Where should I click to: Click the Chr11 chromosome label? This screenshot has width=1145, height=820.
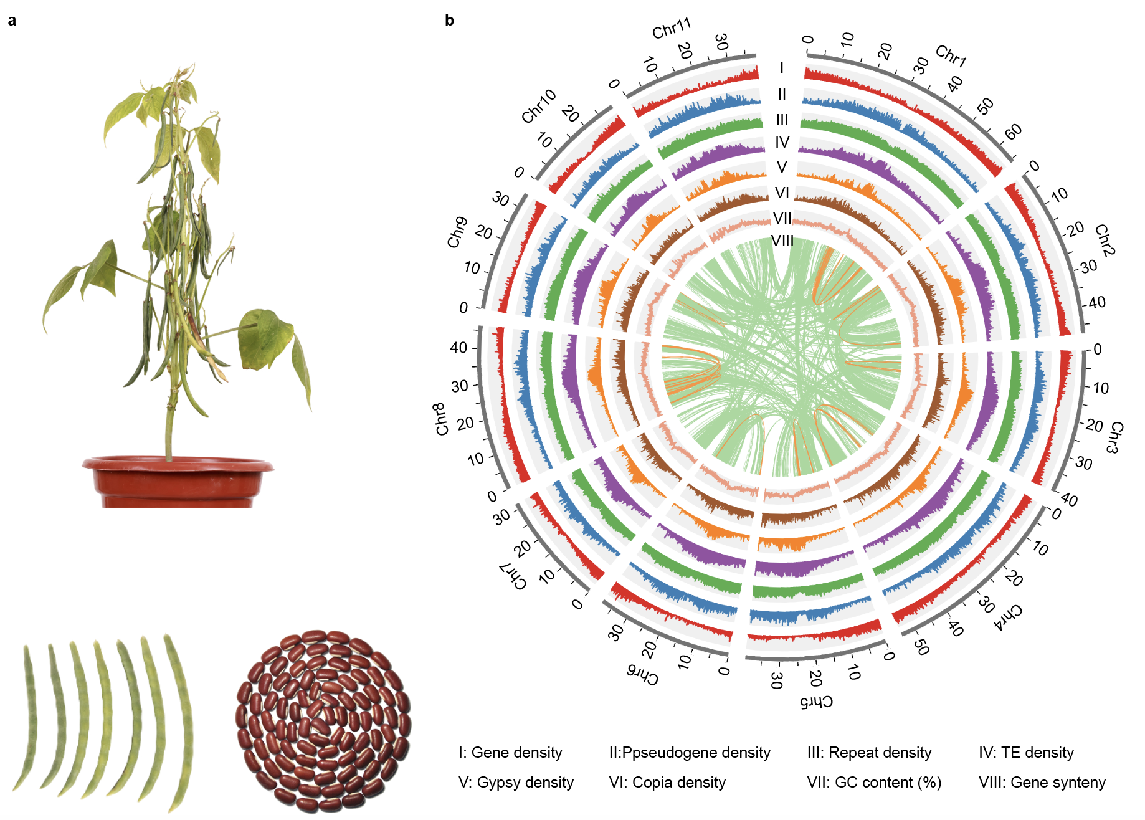[672, 28]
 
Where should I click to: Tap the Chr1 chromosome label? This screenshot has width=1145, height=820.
[951, 55]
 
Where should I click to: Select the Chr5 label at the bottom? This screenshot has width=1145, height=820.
[816, 702]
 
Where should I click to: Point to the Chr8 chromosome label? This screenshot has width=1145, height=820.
[441, 419]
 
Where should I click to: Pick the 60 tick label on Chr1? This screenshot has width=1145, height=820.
[1013, 131]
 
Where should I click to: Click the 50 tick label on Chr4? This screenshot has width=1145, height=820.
[922, 647]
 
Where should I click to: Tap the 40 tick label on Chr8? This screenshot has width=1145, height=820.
[458, 348]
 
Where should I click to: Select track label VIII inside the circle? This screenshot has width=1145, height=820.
[782, 241]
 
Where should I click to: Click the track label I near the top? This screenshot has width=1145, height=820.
[782, 67]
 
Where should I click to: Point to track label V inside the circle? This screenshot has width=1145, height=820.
[782, 168]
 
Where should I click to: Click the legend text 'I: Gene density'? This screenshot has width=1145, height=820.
[510, 753]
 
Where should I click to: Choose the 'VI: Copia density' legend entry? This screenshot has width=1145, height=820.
[667, 783]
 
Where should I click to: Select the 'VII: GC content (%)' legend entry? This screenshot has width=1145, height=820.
[874, 783]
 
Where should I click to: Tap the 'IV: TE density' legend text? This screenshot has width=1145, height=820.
[1026, 753]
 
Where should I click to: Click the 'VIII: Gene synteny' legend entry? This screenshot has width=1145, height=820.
[1042, 783]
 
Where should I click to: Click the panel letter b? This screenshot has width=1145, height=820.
[449, 21]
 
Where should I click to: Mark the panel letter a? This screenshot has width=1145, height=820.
[12, 21]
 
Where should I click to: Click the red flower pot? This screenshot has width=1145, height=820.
[178, 482]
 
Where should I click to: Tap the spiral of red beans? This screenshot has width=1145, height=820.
[323, 722]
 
